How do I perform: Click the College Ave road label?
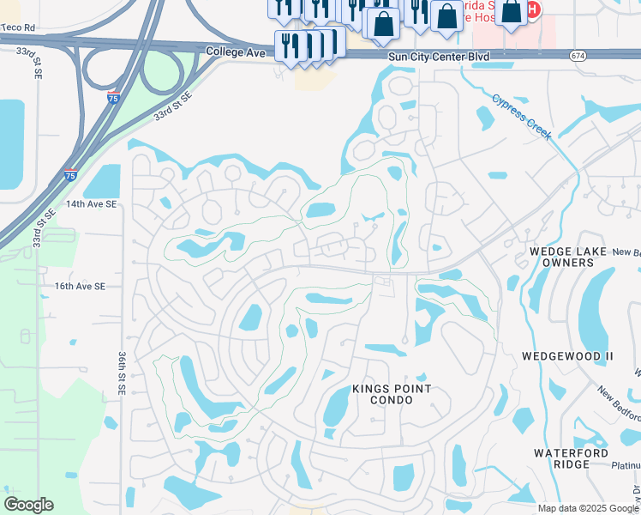(237, 52)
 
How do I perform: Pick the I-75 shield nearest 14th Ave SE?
(71, 175)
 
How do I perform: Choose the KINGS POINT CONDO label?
(392, 396)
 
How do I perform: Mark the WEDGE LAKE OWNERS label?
(561, 256)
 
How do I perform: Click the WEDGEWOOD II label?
(563, 354)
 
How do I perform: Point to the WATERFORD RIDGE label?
(571, 459)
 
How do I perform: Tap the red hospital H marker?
(533, 10)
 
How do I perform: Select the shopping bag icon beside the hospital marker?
(512, 11)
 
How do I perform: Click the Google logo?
(28, 505)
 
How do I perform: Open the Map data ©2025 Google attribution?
(588, 508)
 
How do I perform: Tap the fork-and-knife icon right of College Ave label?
(289, 45)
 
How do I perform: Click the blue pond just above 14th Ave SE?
(103, 182)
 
